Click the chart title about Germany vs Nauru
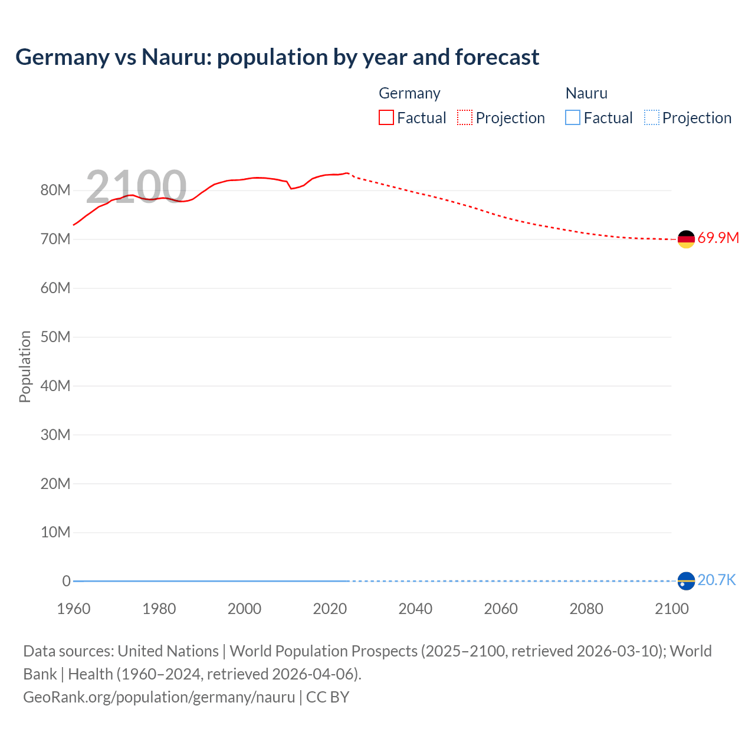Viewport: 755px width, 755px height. (277, 57)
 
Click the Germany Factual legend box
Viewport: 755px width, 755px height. (386, 117)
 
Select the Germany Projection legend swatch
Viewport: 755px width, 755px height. (465, 117)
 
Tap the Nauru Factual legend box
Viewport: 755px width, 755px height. (572, 117)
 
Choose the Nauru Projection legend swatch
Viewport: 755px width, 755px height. (651, 117)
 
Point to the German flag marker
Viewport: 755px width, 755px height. (686, 239)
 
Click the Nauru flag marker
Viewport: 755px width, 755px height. (686, 581)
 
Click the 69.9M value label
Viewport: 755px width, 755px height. (718, 238)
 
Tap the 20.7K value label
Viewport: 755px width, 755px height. (717, 580)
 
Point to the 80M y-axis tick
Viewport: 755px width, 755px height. (55, 191)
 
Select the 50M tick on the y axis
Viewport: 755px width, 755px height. (55, 337)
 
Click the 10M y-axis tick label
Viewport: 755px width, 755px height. (55, 533)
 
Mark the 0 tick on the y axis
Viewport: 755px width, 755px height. (66, 582)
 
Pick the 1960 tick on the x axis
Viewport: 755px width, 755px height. (74, 609)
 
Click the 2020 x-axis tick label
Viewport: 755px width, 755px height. (330, 609)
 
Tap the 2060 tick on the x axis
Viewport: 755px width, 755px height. (501, 609)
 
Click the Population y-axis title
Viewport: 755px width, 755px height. (25, 366)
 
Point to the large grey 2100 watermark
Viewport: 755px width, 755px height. (136, 187)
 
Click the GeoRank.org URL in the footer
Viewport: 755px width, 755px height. (159, 697)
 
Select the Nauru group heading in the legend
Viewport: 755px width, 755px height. (586, 93)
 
